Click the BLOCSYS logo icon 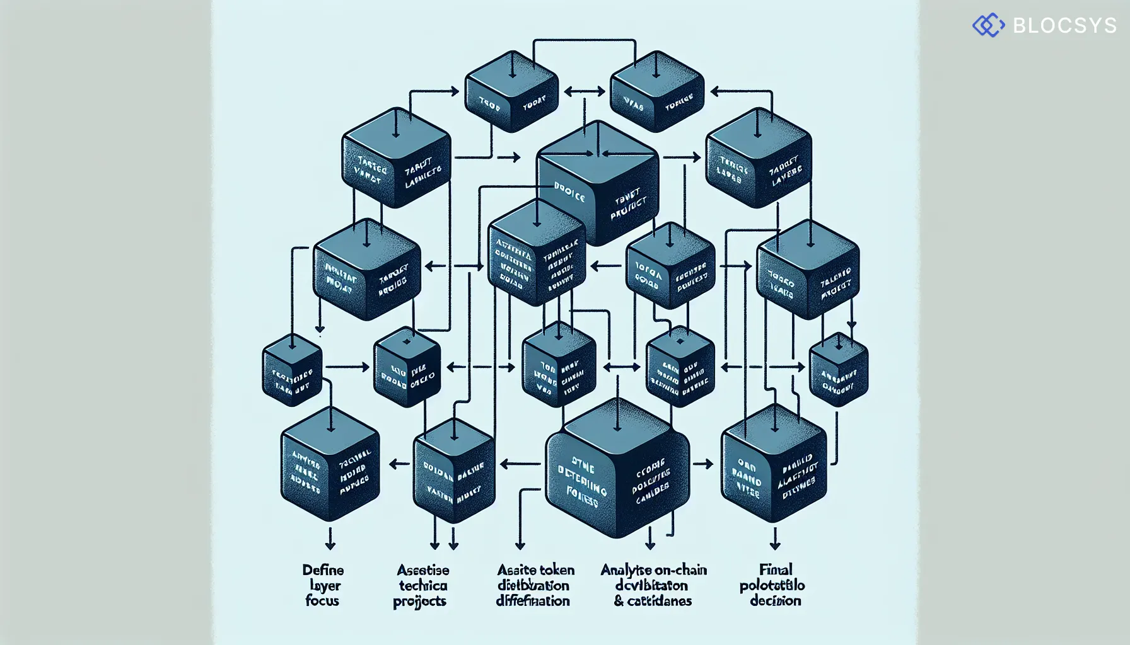[988, 25]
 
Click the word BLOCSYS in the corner [1064, 25]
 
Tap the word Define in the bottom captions [323, 570]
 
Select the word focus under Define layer [322, 600]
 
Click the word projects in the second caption [419, 602]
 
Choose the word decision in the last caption [775, 600]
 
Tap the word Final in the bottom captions [776, 570]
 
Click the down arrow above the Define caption [329, 540]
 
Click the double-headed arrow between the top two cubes [584, 92]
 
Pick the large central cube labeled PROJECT [597, 183]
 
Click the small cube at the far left [292, 370]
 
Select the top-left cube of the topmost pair [511, 92]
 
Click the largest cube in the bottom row [617, 469]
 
